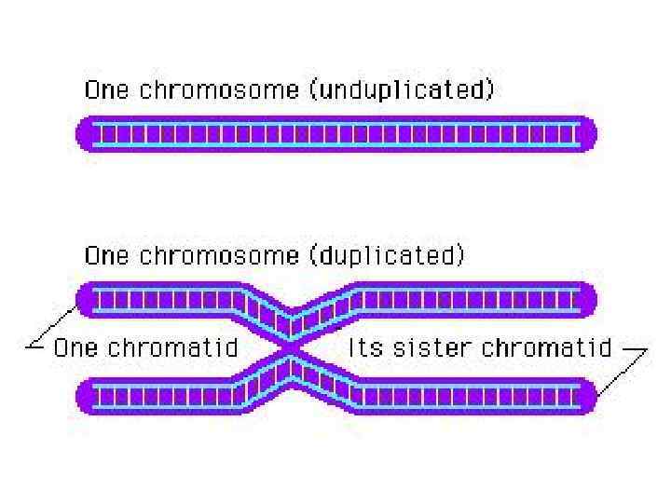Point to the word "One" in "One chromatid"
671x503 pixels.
76,349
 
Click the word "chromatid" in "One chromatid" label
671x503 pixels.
172,349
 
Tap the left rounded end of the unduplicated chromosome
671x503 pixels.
86,133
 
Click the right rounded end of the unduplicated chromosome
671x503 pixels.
585,133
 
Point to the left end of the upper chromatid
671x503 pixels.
87,300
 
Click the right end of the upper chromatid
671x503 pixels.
584,300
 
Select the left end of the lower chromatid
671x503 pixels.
87,396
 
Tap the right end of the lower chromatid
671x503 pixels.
584,396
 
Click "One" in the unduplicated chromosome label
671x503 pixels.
104,91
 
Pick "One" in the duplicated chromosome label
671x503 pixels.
104,255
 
